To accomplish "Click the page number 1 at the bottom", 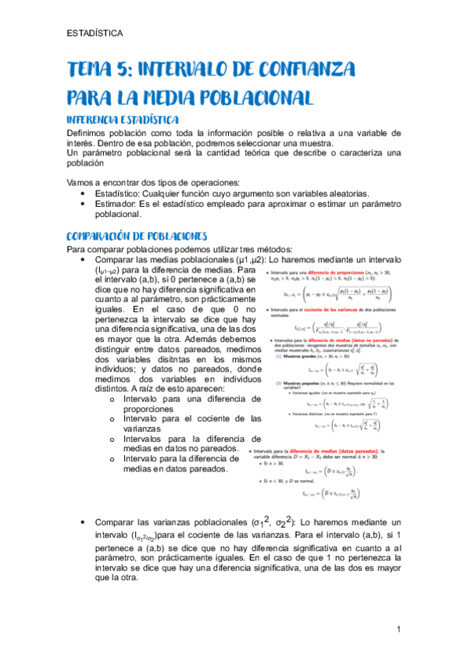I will [x=398, y=628].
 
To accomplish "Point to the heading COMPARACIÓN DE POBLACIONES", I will [x=137, y=235].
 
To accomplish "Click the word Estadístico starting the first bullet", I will [x=120, y=193].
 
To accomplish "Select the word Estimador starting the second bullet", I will [x=118, y=203].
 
